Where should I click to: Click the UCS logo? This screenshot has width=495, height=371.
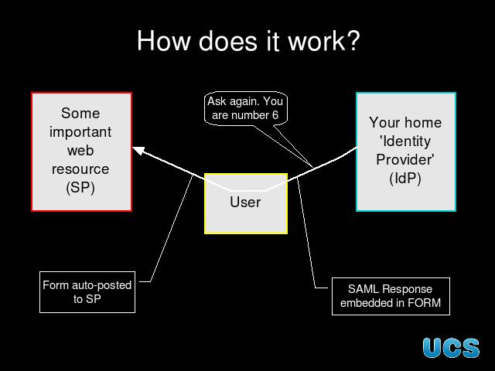[x=451, y=348]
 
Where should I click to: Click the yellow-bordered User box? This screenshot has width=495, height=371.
[x=246, y=203]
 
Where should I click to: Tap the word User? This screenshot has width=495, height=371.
[x=245, y=203]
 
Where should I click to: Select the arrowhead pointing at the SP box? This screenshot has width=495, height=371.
[x=138, y=150]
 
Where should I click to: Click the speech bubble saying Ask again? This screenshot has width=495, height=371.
[x=246, y=108]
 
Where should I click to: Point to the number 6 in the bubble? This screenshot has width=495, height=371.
[x=275, y=115]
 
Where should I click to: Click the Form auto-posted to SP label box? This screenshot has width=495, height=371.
[x=87, y=292]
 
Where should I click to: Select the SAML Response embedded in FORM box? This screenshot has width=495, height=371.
[x=391, y=296]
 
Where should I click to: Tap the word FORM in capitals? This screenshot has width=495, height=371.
[x=424, y=303]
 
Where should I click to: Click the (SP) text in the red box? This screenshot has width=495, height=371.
[x=80, y=188]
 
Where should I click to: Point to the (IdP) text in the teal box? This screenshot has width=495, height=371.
[x=405, y=179]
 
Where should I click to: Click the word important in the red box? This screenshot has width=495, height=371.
[x=80, y=132]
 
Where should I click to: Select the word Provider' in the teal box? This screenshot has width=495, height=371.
[x=405, y=159]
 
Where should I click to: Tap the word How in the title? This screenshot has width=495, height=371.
[x=164, y=41]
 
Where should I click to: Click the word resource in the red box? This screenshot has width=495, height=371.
[x=80, y=169]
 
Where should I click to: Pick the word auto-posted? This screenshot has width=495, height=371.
[x=101, y=285]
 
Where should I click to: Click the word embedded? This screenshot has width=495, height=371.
[x=372, y=303]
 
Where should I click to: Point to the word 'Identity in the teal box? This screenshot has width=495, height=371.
[x=405, y=141]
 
